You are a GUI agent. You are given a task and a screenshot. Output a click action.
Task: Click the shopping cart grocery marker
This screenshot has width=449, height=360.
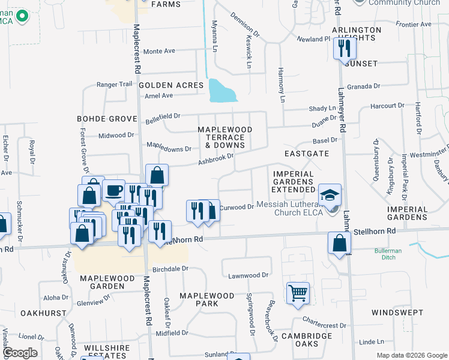click(298, 293)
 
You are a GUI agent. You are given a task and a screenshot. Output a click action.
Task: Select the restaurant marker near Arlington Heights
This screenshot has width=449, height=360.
click(344, 47)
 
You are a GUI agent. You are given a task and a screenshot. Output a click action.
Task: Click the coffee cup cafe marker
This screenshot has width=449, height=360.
click(113, 191)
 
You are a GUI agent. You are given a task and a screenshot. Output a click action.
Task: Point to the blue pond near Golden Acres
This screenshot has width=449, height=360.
click(221, 91)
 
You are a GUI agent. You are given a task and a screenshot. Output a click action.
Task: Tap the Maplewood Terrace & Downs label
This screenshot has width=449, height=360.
click(225, 137)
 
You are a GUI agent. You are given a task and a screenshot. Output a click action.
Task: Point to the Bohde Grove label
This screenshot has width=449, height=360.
click(99, 119)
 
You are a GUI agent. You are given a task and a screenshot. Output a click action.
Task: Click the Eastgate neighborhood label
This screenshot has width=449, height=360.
click(306, 154)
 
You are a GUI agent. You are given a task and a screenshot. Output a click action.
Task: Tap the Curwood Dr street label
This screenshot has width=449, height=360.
click(237, 208)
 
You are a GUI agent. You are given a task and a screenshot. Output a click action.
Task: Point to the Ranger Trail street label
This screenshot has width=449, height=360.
click(114, 85)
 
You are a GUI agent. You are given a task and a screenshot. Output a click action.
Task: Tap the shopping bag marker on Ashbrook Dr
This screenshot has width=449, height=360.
click(157, 175)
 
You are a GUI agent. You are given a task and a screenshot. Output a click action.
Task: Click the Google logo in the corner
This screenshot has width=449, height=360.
click(20, 352)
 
